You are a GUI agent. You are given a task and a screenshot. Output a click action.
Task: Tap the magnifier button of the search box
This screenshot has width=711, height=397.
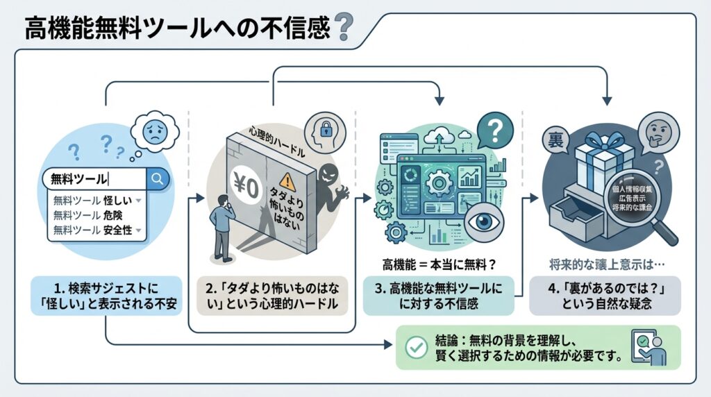click(158, 178)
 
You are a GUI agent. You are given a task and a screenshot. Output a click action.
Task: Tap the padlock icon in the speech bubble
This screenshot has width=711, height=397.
click(324, 130)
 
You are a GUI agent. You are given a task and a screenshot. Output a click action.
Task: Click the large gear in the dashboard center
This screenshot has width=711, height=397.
click(439, 185)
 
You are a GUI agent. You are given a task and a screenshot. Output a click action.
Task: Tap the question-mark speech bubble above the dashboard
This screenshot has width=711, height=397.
click(494, 129)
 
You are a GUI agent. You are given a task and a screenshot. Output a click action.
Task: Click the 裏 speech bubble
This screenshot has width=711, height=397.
click(558, 133)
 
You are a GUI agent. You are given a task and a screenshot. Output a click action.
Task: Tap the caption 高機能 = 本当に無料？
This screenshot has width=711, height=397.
click(435, 265)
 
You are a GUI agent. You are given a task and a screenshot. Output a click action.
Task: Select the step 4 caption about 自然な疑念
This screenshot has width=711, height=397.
click(605, 295)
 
